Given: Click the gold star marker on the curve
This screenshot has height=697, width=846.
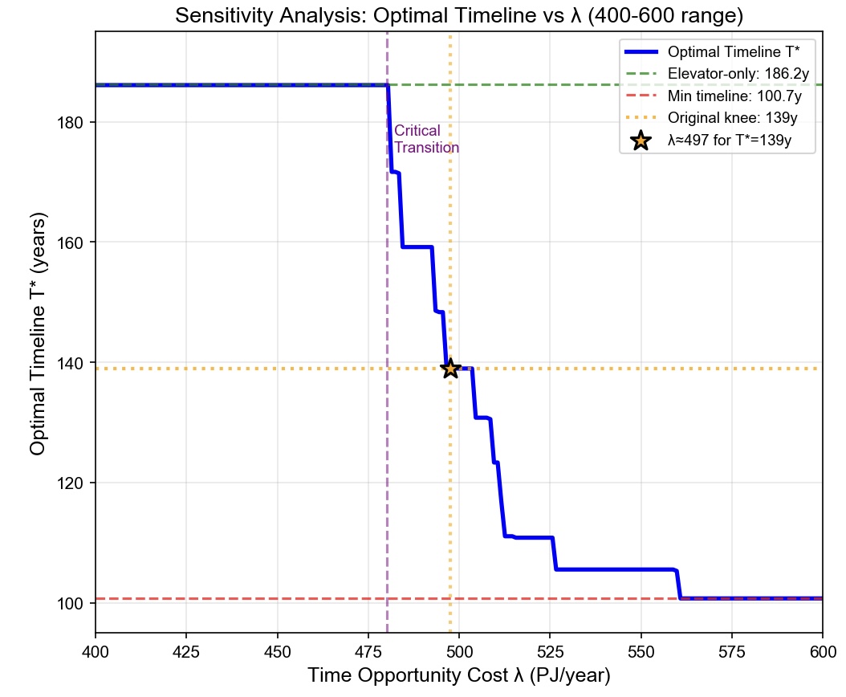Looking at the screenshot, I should [x=450, y=368].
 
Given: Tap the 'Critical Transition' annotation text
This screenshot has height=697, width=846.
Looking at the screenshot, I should [x=426, y=140].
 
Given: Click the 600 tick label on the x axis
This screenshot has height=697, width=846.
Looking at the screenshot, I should [x=822, y=645].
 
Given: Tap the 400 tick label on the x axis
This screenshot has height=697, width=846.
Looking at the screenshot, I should [x=96, y=645].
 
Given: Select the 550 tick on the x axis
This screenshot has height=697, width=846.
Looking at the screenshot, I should [x=641, y=645].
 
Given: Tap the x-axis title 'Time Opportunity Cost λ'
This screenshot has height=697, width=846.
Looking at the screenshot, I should [x=458, y=675].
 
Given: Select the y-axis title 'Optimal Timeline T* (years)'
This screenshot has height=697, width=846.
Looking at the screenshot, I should [x=38, y=332].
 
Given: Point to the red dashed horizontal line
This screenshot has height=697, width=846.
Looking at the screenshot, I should [x=241, y=599].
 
